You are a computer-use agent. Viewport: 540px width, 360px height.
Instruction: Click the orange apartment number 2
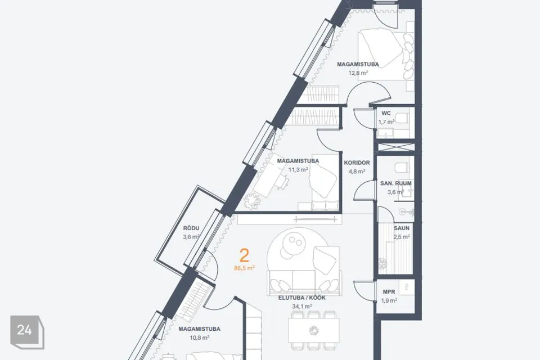[x=244, y=255]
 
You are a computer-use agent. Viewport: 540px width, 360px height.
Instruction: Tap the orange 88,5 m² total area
[x=244, y=268]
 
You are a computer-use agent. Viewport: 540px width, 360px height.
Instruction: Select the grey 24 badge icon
[x=27, y=332]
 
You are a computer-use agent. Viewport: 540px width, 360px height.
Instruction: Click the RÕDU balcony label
[x=191, y=228]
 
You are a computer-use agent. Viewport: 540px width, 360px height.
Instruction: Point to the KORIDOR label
[x=357, y=163]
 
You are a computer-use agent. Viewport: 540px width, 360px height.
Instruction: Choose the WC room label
[x=386, y=113]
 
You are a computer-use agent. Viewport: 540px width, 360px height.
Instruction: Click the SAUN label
[x=402, y=228]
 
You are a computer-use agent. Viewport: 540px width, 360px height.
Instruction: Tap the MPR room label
[x=389, y=292]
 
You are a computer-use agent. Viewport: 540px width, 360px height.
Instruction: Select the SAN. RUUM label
[x=395, y=183]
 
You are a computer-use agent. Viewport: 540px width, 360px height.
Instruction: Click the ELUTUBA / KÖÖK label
[x=301, y=298]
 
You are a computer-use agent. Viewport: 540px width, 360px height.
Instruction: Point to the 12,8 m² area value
[x=358, y=73]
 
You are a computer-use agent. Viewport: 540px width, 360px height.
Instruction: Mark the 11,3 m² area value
[x=298, y=169]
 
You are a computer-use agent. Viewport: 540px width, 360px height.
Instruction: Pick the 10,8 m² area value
[x=199, y=337]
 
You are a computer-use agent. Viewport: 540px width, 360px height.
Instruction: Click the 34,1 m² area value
[x=301, y=306]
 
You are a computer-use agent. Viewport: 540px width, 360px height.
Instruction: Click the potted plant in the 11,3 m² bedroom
[x=252, y=201]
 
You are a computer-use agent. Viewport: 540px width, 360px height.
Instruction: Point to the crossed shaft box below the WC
[x=395, y=147]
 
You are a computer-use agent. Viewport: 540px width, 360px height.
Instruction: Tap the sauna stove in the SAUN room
[x=383, y=264]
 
